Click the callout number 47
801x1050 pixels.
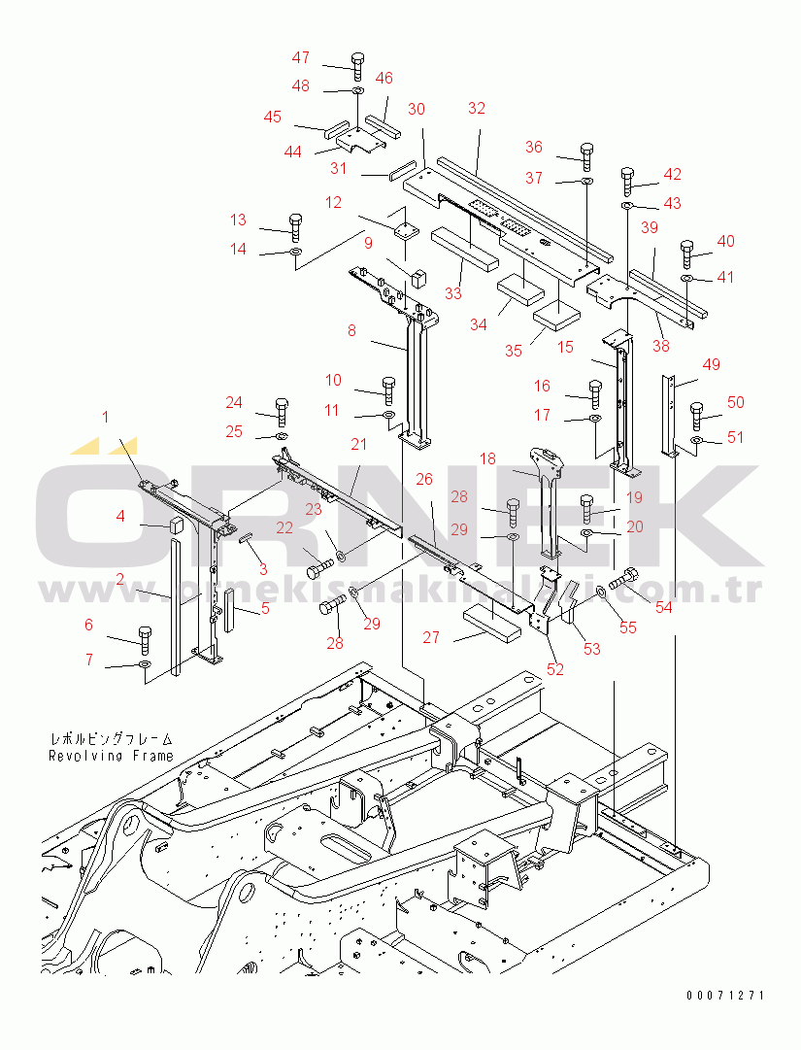click(x=301, y=57)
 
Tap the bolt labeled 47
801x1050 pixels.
click(x=356, y=66)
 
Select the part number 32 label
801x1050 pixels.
click(x=476, y=109)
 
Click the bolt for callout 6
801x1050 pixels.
click(x=145, y=637)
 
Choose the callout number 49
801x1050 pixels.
click(x=712, y=364)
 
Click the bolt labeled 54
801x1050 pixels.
click(x=626, y=579)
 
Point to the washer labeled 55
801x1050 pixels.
click(x=602, y=591)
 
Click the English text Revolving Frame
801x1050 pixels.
click(x=112, y=755)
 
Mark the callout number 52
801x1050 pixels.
click(x=554, y=668)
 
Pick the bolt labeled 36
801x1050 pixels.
click(x=586, y=154)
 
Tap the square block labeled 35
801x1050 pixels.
click(x=556, y=314)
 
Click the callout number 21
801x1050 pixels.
click(x=359, y=445)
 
